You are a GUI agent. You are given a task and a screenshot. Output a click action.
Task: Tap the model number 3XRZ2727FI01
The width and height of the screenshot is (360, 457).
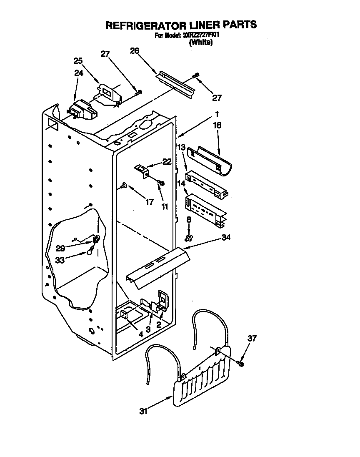pos(199,35)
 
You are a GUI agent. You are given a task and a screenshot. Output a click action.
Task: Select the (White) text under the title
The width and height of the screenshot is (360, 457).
pos(201,43)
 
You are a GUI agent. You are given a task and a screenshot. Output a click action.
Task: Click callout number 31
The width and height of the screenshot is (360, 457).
pos(144,412)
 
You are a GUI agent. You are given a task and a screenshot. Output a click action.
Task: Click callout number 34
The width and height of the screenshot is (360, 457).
pos(226,237)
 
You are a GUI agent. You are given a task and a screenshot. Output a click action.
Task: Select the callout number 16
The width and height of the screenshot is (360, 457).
pos(217,125)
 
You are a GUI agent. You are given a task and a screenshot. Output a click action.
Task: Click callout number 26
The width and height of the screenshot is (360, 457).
pos(134,50)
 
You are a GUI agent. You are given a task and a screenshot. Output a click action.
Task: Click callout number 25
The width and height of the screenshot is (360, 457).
pos(78,60)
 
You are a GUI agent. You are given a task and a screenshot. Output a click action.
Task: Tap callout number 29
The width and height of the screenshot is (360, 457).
pos(60,248)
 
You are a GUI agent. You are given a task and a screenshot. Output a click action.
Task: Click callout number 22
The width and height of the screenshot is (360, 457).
pos(167,162)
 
